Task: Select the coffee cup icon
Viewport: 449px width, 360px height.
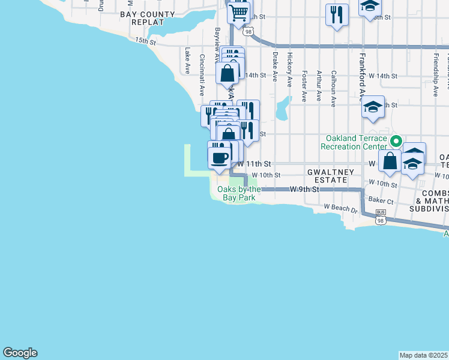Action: pos(219,158)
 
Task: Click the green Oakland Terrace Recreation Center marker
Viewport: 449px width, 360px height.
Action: pos(396,142)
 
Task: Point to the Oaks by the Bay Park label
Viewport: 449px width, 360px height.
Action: pos(239,193)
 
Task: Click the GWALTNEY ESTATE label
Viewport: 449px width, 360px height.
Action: pos(327,175)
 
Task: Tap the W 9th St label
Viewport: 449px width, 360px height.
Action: pos(303,189)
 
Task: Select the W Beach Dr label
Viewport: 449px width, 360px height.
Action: pos(340,210)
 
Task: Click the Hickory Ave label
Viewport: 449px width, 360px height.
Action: pos(290,70)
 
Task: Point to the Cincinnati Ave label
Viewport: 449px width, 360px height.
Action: pos(202,76)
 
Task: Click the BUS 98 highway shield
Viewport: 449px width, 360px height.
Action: pos(381,217)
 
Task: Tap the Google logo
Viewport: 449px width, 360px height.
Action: pos(20,353)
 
